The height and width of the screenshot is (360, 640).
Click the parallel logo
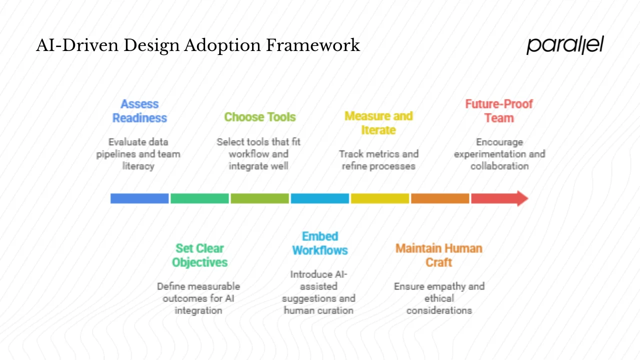(x=565, y=45)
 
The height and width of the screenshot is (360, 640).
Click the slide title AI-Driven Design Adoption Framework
(x=198, y=45)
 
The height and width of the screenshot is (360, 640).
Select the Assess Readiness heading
(x=139, y=111)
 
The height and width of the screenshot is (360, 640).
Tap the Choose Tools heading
(x=259, y=117)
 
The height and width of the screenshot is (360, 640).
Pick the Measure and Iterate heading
(x=378, y=123)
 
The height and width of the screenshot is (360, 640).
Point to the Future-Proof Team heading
(x=498, y=111)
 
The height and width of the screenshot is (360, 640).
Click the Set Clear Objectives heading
(x=199, y=255)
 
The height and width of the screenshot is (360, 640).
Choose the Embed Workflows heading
(x=320, y=243)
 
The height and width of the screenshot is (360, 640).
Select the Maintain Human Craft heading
(x=438, y=255)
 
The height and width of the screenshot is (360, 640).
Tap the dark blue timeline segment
(x=139, y=198)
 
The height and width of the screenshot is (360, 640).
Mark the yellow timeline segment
(x=380, y=198)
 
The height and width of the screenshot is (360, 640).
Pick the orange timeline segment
(x=440, y=198)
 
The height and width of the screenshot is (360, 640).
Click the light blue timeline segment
(x=320, y=198)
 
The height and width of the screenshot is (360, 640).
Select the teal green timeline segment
(x=199, y=198)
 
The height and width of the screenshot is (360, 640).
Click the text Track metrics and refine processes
(x=378, y=160)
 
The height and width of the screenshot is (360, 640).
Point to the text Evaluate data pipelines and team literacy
(x=138, y=154)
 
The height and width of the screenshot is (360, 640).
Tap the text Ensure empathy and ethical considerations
(x=439, y=298)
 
